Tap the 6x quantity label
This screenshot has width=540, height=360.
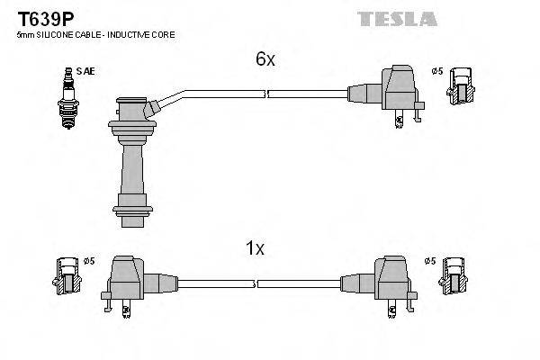264,59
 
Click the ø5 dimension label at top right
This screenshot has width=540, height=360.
437,70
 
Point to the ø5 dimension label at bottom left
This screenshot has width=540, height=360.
89,262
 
